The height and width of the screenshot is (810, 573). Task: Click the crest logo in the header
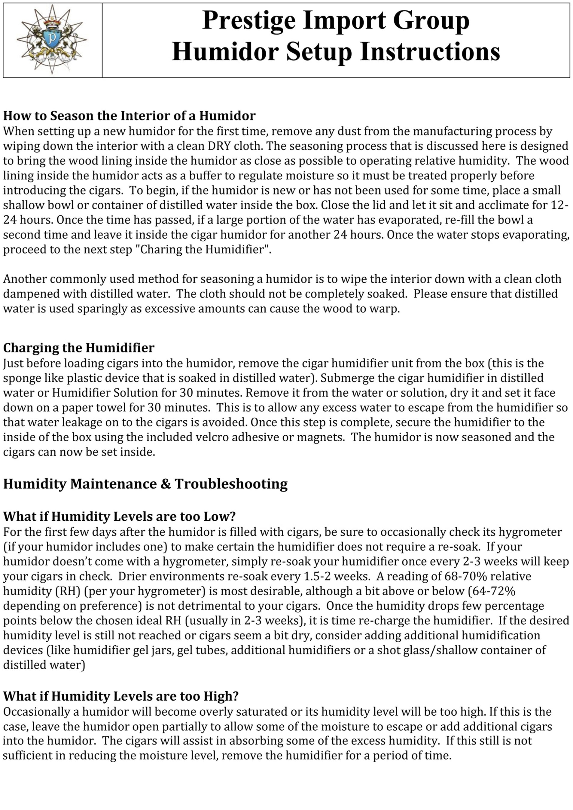pos(52,40)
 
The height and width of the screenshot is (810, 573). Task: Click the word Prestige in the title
pos(249,20)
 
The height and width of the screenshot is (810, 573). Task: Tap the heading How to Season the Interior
pos(129,116)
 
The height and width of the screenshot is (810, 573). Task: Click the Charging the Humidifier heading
pos(79,348)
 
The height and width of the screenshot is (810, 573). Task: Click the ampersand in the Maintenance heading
pos(166,484)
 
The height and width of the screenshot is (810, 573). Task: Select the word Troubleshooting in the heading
pos(231,484)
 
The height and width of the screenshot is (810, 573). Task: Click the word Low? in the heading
pos(219,516)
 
